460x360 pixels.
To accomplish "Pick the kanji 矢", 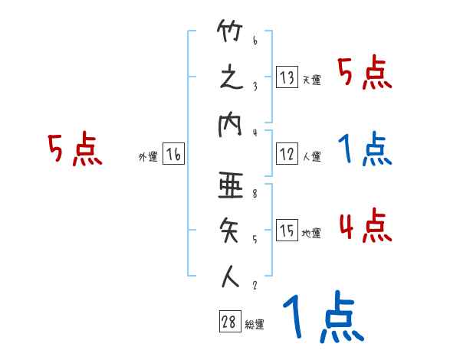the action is click(x=230, y=232).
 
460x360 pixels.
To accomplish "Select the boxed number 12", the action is click(x=287, y=154).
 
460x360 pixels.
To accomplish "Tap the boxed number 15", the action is click(x=287, y=231).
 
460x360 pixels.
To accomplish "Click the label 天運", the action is click(x=311, y=80).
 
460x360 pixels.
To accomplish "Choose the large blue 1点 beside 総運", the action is click(x=322, y=318).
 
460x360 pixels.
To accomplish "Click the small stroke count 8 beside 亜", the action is click(x=254, y=195).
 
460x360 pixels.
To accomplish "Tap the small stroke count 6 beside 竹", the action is click(x=254, y=41).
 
